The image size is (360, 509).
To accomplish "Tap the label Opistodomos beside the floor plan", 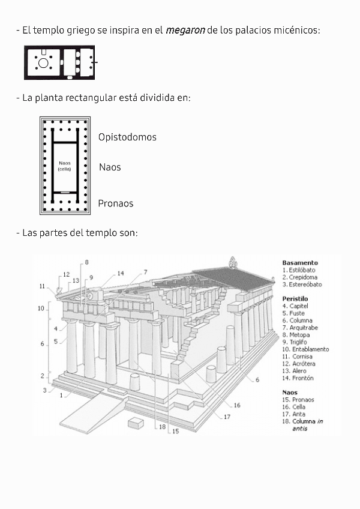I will point(127,137).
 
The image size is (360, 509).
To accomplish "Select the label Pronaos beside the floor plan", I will point(116,203).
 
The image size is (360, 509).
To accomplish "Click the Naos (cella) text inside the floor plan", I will point(64,166).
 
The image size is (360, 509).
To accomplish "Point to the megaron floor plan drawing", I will point(60,62).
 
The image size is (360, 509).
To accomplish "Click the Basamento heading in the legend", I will point(300,263).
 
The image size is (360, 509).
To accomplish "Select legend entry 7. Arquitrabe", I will point(301,328).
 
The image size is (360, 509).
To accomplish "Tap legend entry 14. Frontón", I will point(298,378).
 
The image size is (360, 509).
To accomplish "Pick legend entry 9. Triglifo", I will point(299,342).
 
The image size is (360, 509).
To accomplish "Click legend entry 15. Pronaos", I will point(298,400).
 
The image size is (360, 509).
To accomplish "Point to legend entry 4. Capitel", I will point(297,306).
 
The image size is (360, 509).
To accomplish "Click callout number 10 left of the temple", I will point(41,309).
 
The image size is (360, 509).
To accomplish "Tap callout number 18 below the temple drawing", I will point(161,427).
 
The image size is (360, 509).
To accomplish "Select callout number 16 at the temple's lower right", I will point(237,406).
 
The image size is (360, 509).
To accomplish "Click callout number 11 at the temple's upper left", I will point(43,286).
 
